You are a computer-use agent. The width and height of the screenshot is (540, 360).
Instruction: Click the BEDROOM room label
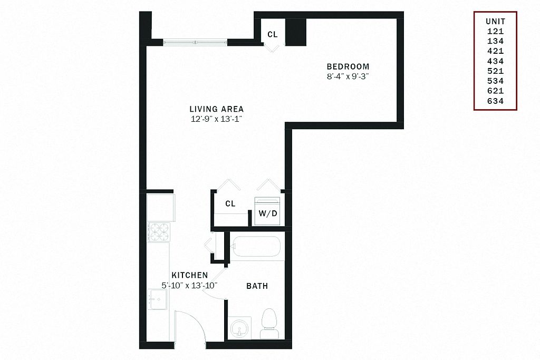tap(348, 66)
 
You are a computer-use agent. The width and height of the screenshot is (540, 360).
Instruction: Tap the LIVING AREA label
tap(217, 109)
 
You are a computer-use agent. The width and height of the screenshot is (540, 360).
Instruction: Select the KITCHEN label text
tap(190, 275)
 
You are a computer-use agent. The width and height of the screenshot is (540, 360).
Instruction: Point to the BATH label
tap(257, 286)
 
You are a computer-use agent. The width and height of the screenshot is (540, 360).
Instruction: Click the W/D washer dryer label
tap(268, 213)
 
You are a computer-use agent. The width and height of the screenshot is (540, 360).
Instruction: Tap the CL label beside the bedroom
tap(273, 34)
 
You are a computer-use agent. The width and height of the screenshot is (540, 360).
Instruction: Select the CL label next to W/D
tap(230, 204)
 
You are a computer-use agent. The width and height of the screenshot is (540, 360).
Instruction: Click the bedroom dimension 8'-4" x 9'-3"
tap(348, 76)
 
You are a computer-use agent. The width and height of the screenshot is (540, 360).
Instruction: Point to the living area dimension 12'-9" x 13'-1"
tap(217, 119)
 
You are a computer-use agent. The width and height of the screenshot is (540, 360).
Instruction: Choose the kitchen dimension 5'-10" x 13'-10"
tap(190, 285)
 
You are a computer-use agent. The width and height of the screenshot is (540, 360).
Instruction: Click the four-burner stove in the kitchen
tap(159, 232)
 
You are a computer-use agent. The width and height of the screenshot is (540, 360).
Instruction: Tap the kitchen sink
tap(157, 299)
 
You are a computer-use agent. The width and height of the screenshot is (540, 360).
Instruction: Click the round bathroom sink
tap(239, 328)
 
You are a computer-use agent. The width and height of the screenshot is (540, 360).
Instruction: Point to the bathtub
tap(257, 247)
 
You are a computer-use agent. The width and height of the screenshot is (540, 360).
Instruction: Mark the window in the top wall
tap(195, 43)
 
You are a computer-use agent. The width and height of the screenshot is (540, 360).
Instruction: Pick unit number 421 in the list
tap(496, 51)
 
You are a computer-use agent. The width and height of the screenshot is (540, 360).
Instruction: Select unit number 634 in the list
tap(496, 101)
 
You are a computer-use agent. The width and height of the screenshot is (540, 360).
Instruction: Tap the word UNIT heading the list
tap(496, 21)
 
